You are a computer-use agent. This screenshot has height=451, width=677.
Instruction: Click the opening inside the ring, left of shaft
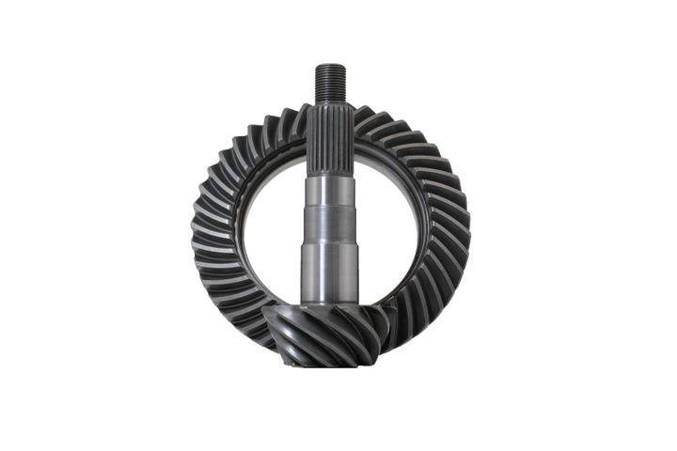click(x=268, y=225)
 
